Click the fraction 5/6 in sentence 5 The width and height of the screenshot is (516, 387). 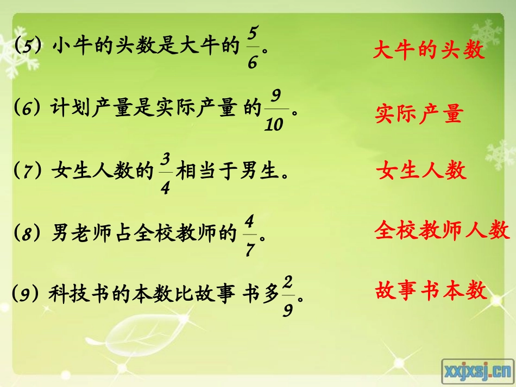pyautogui.click(x=252, y=48)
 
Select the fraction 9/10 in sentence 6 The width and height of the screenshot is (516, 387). pyautogui.click(x=275, y=111)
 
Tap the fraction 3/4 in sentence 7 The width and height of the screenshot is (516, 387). pyautogui.click(x=166, y=173)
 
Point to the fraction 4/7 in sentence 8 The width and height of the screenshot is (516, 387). pyautogui.click(x=250, y=234)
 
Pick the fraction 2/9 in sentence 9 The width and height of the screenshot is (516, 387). pyautogui.click(x=288, y=296)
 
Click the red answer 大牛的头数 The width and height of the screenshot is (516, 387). pyautogui.click(x=428, y=51)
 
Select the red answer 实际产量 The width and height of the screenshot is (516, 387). pyautogui.click(x=419, y=115)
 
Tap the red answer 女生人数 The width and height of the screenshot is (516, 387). pyautogui.click(x=421, y=170)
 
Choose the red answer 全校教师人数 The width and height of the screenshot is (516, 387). pyautogui.click(x=442, y=231)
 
